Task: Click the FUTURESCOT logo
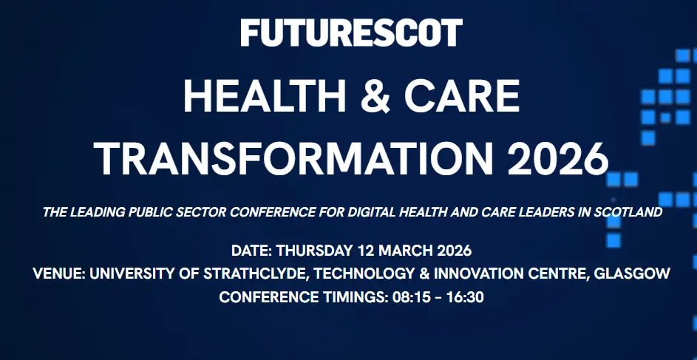coord(351,33)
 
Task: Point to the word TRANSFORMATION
coord(293,159)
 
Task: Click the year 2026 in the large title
coord(558,159)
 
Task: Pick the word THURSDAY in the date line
coord(315,251)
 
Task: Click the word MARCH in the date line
coord(407,251)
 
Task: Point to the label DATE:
coord(251,251)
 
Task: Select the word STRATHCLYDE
coord(255,274)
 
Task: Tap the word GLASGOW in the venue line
coord(632,274)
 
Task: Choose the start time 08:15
coord(412,297)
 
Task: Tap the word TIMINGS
coord(353,297)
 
